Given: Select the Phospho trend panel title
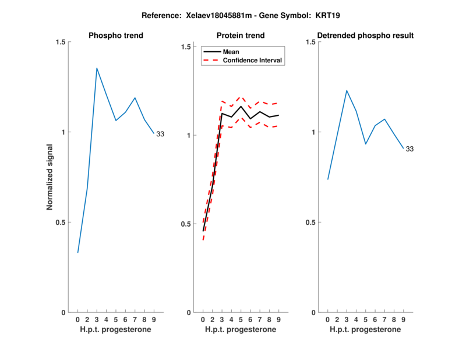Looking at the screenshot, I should coord(116,36).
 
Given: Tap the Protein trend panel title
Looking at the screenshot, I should coord(241,36).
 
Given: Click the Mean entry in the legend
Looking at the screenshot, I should coord(231,52).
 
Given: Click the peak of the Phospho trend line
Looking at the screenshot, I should coord(97,68).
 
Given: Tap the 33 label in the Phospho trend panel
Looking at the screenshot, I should coord(160,134).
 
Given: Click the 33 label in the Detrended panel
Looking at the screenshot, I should coord(409,149).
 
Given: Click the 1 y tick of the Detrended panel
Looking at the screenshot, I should coord(312,132).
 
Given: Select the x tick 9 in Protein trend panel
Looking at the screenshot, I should coord(278,320).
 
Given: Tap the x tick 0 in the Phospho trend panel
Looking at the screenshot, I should coord(78,320).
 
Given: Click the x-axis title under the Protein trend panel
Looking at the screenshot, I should coord(241,330).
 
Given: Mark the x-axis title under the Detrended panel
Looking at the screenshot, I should coord(365,330).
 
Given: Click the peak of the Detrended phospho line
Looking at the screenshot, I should coord(347,90).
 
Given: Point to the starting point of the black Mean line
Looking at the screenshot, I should coord(203,231).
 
